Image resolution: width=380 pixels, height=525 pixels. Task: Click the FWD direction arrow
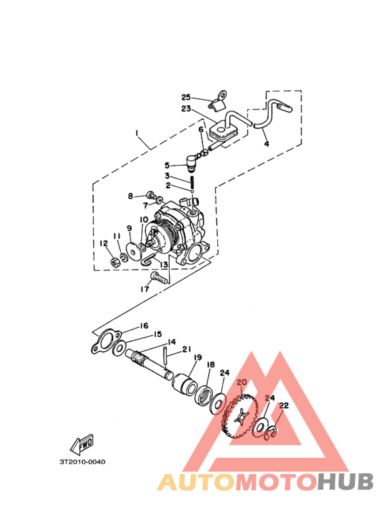[x=82, y=444]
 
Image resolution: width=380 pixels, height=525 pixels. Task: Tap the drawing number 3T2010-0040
[x=82, y=462]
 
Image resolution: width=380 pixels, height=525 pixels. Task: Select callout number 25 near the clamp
[x=186, y=97]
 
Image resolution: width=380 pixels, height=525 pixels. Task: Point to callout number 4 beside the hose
[x=266, y=143]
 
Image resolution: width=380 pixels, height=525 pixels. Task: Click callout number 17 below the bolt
[x=145, y=289]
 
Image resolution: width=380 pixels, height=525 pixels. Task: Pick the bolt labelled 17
[x=159, y=278]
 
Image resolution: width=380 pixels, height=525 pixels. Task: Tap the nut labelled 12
[x=115, y=262]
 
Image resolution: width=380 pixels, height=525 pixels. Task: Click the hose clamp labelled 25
[x=218, y=103]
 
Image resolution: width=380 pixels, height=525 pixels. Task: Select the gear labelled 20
[x=240, y=416]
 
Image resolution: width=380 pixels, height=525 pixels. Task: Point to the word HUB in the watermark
[x=345, y=482]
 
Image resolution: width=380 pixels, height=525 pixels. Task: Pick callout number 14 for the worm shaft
[x=172, y=342]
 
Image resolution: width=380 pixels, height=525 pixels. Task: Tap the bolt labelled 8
[x=151, y=194]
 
